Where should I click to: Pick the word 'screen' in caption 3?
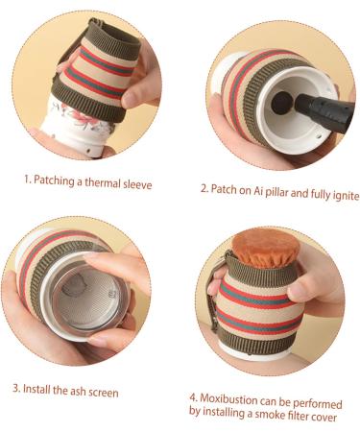pos(101,390)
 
